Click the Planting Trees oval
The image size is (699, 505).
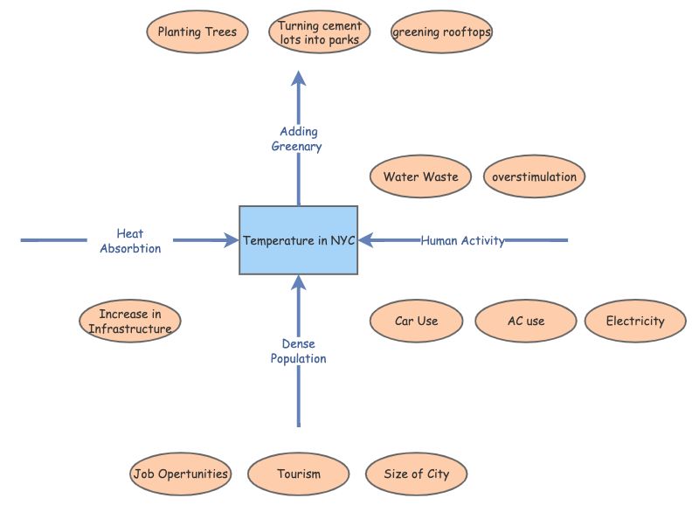pyautogui.click(x=197, y=32)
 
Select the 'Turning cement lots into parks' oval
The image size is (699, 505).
pyautogui.click(x=319, y=32)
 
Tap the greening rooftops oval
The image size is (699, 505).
pyautogui.click(x=442, y=32)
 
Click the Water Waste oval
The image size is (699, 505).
pyautogui.click(x=420, y=176)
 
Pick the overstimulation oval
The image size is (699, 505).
pyautogui.click(x=534, y=176)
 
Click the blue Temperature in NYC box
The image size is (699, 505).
pyautogui.click(x=298, y=240)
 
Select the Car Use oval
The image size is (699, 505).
pyautogui.click(x=416, y=321)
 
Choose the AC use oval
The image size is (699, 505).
pyautogui.click(x=526, y=321)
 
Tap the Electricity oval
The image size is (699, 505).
pyautogui.click(x=635, y=321)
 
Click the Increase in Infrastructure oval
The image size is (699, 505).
pyautogui.click(x=130, y=321)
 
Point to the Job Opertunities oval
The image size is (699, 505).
pyautogui.click(x=181, y=474)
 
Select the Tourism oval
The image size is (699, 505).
pyautogui.click(x=299, y=474)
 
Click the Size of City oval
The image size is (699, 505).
pyautogui.click(x=417, y=474)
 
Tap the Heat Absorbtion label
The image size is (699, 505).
pyautogui.click(x=130, y=240)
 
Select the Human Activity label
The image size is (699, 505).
pyautogui.click(x=462, y=240)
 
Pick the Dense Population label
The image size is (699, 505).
pyautogui.click(x=298, y=351)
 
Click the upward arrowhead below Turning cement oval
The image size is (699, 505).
pyautogui.click(x=299, y=80)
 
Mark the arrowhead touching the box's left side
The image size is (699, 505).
pyautogui.click(x=231, y=239)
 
